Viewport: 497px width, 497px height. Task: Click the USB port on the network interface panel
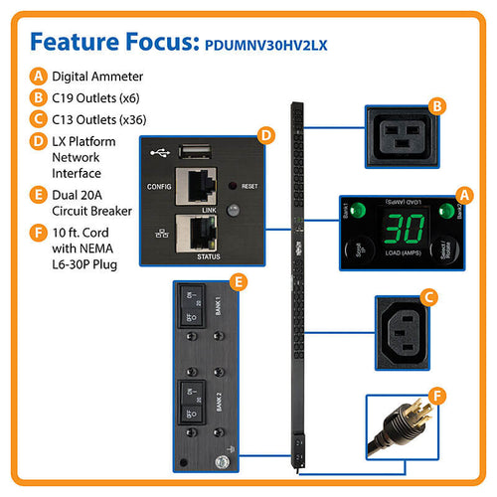tap(192, 152)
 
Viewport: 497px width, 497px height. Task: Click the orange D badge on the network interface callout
tap(263, 134)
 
